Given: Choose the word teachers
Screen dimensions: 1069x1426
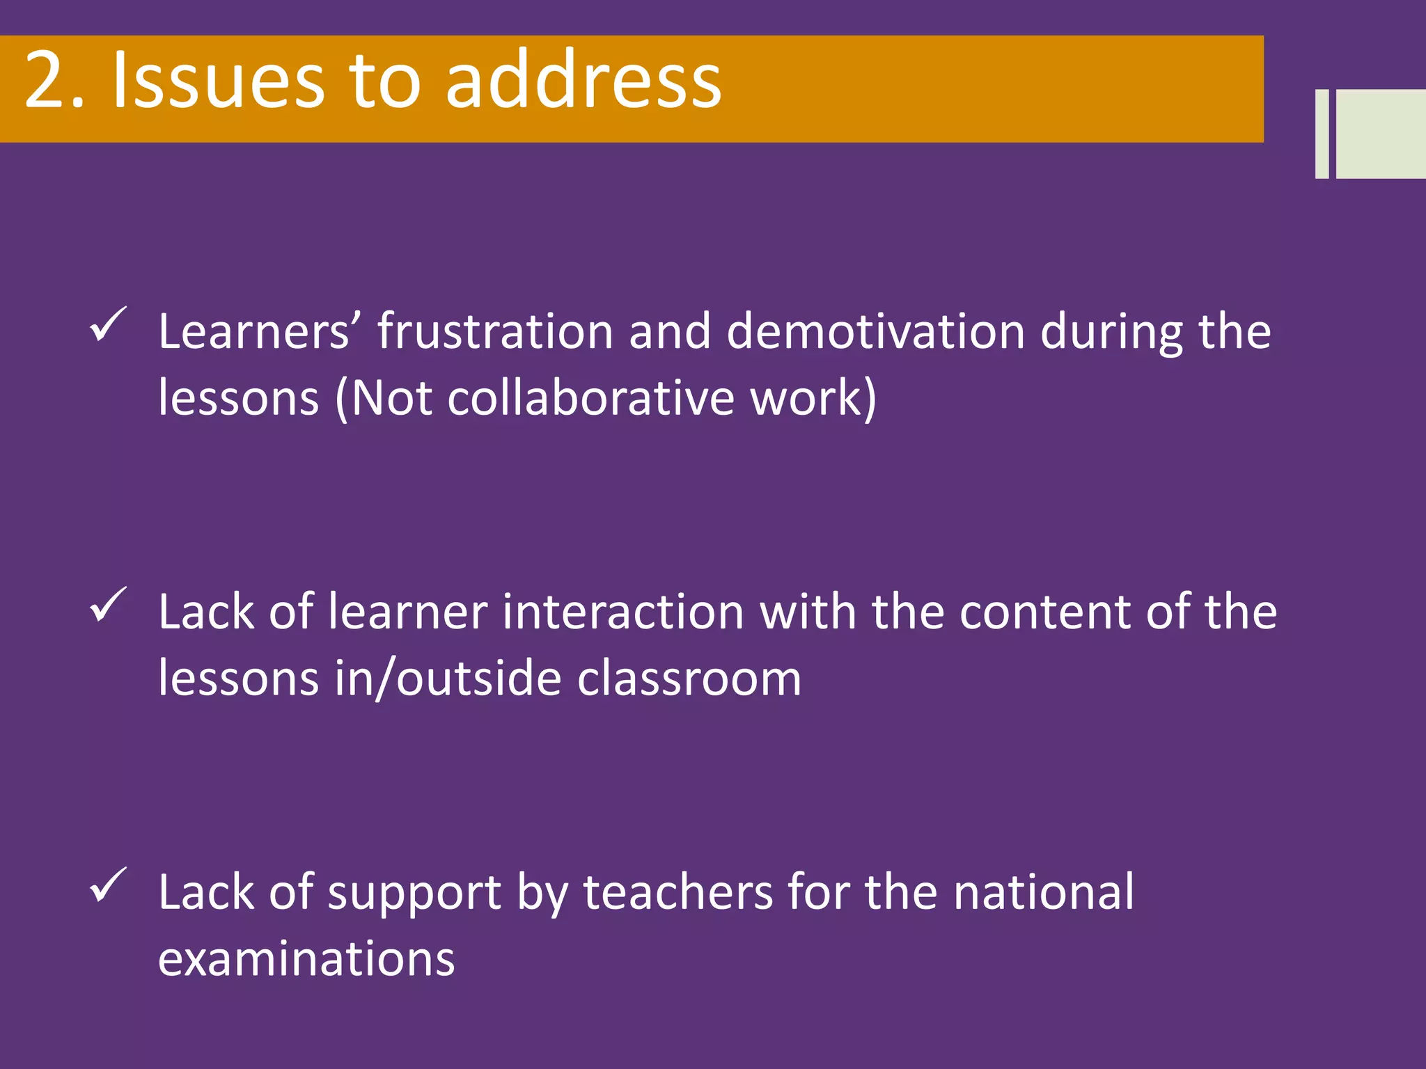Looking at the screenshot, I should pos(678,892).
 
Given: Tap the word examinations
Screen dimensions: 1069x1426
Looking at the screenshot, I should pos(306,959).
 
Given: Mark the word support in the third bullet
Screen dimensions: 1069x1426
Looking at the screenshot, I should pos(414,894).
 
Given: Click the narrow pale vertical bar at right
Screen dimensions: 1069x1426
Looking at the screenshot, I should pos(1322,134).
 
